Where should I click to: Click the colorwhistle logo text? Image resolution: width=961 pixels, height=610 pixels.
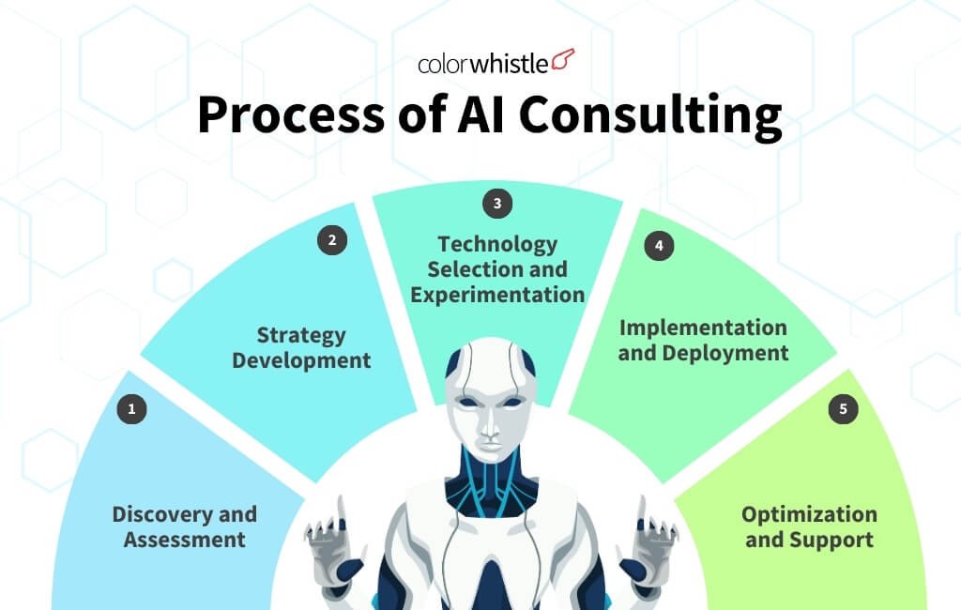(x=483, y=64)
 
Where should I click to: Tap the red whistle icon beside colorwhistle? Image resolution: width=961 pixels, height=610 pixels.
(x=563, y=61)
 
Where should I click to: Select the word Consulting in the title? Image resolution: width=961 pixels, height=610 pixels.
(x=649, y=116)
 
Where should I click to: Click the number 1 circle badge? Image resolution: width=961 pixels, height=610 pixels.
(x=131, y=409)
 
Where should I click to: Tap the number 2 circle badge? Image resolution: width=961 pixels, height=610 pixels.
(x=331, y=240)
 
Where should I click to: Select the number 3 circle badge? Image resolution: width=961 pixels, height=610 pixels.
(x=497, y=202)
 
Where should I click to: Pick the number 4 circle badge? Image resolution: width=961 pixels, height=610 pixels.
(x=659, y=246)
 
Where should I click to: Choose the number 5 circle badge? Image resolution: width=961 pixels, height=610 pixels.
(x=843, y=409)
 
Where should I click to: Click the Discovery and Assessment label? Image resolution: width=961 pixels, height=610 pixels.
(x=184, y=526)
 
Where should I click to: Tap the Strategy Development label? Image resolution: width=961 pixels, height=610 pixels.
(x=301, y=347)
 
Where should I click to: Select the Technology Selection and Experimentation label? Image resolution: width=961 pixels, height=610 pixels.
(x=497, y=269)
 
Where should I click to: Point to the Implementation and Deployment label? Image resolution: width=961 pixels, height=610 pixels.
(x=703, y=340)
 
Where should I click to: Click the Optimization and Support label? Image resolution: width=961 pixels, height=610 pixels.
(x=809, y=526)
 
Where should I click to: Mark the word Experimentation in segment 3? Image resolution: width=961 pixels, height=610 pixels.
(x=497, y=295)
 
